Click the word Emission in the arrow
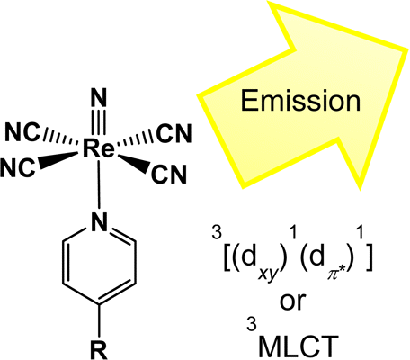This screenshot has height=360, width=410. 300,101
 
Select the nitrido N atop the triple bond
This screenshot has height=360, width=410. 100,98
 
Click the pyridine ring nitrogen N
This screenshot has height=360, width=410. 99,222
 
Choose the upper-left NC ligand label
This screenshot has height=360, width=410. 22,133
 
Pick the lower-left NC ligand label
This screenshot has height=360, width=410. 18,167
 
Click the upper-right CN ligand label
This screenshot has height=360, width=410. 174,133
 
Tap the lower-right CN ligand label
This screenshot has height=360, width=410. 169,175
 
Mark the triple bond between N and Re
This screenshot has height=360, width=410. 100,123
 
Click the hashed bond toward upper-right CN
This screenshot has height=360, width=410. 136,139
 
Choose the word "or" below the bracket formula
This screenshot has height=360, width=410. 292,301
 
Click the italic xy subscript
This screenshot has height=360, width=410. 267,274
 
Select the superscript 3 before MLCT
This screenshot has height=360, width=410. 252,325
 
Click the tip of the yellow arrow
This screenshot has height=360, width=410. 408,49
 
